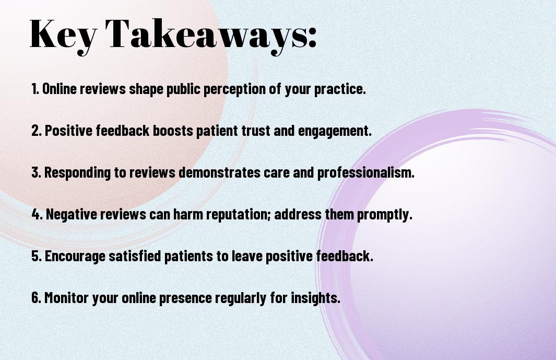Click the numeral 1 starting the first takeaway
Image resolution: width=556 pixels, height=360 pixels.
click(x=34, y=89)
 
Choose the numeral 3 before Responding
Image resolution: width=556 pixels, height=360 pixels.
click(x=36, y=172)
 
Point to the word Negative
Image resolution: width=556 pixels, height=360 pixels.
click(x=72, y=214)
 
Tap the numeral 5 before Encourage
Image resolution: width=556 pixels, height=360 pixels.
click(x=36, y=256)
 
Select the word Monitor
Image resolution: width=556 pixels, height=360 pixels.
click(x=66, y=297)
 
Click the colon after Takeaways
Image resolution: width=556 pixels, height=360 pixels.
click(x=312, y=38)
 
